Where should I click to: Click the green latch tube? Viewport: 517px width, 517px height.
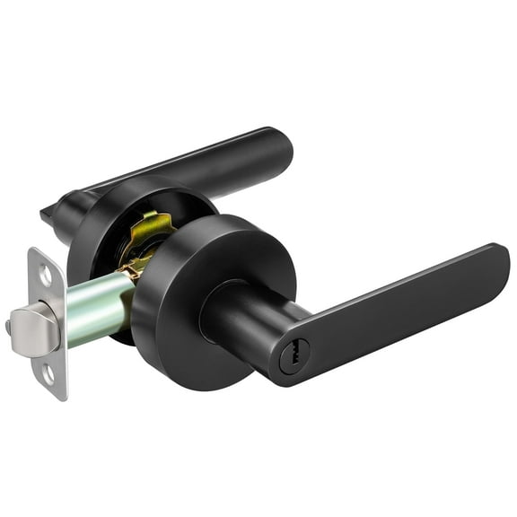coord(99,310)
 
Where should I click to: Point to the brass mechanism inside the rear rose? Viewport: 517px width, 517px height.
coord(148,242)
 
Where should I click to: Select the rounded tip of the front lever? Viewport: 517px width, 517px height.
coord(498,260)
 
